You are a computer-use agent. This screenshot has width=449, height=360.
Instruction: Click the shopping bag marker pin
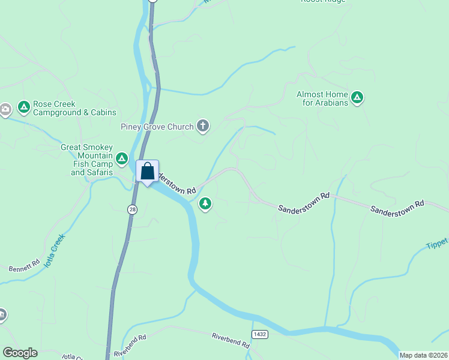pos(147,172)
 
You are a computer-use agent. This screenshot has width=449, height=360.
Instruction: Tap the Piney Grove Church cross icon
pos(203,126)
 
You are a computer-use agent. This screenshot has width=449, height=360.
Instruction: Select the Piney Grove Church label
pos(157,127)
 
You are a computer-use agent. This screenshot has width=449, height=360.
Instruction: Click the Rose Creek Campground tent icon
pos(24,107)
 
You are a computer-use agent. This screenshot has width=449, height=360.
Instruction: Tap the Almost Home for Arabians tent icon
pos(357,97)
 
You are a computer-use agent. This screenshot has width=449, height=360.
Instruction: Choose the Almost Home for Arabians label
pos(322,98)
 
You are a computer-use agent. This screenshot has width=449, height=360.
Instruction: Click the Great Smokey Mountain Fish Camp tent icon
pos(122,158)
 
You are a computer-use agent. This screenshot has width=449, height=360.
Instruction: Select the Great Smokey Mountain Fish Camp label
pos(87,160)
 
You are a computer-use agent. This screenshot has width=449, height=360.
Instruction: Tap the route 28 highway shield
pos(132,209)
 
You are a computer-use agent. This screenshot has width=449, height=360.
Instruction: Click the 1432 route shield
pos(259,334)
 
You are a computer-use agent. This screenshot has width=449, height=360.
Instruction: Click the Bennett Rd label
pos(24,266)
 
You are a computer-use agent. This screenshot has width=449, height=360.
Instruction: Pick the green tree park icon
pos(205,204)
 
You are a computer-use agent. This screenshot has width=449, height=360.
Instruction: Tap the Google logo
pos(20,353)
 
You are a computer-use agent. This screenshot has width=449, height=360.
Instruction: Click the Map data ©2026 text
pos(423,355)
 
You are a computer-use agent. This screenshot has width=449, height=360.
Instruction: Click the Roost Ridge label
pos(322,2)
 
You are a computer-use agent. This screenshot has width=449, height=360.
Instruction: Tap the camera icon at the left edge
pos(5,109)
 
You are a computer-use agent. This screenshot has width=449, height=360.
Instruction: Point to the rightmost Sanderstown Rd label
pos(397,208)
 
